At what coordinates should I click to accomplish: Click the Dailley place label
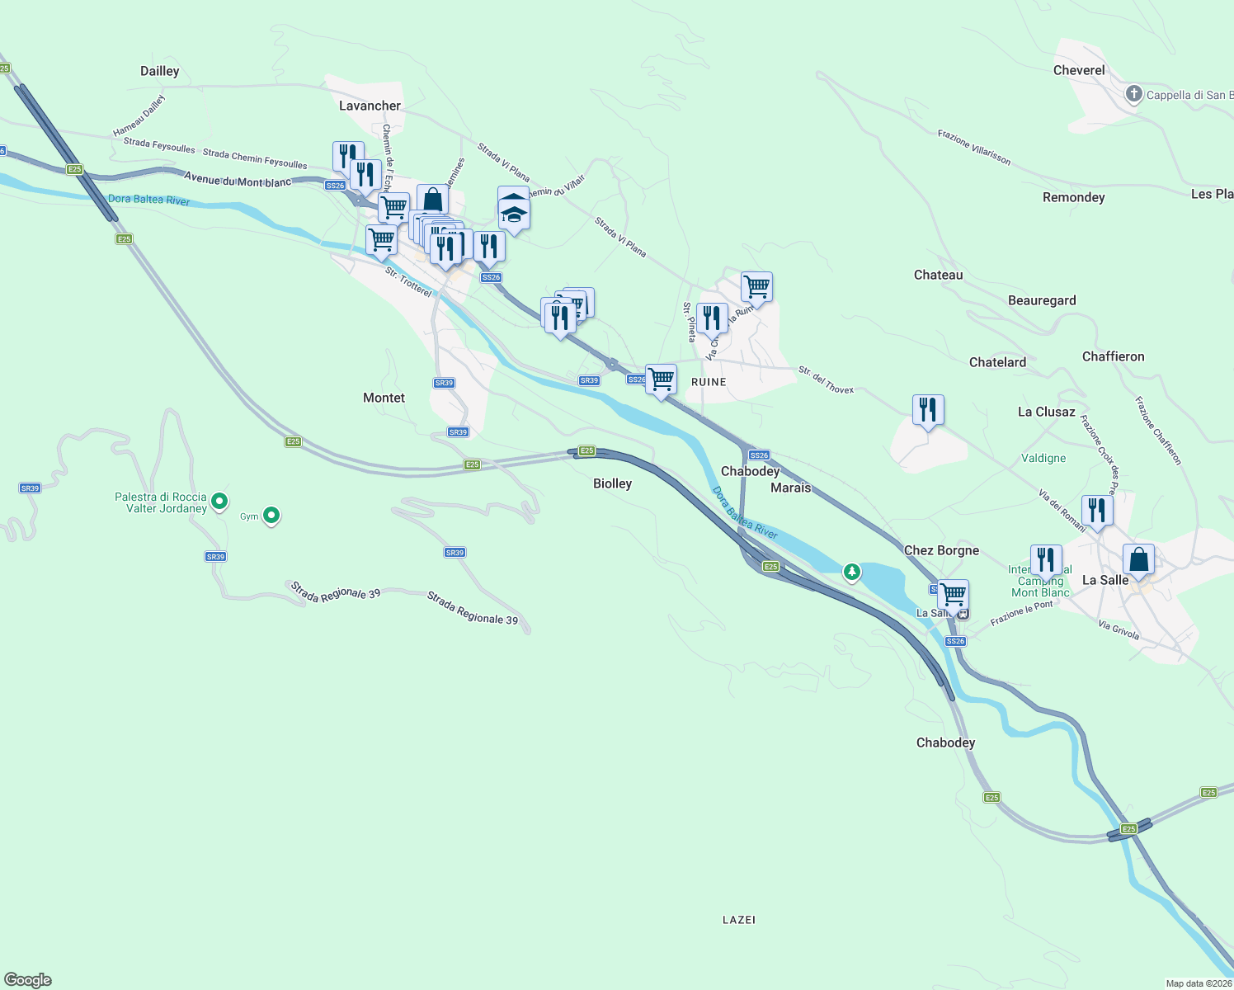159,71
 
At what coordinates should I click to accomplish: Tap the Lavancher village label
370,106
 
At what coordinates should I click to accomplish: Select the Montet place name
384,398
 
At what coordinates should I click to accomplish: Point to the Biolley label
612,483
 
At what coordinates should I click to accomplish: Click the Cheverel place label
1078,70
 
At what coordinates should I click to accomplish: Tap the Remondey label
1073,197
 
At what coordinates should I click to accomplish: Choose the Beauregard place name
1042,300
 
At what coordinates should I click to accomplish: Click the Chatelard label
997,362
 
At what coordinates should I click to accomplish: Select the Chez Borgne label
941,550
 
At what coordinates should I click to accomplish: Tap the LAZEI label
738,920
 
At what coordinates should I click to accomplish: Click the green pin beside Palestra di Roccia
219,501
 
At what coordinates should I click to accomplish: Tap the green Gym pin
271,516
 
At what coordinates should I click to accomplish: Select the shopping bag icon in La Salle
1138,560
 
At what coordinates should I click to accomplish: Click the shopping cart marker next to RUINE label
661,379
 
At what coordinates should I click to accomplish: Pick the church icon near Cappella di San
1134,94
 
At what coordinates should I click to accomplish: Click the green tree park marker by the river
851,571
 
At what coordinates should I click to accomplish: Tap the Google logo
28,980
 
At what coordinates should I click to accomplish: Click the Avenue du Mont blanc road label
238,180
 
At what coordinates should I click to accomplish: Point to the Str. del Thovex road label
826,380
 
